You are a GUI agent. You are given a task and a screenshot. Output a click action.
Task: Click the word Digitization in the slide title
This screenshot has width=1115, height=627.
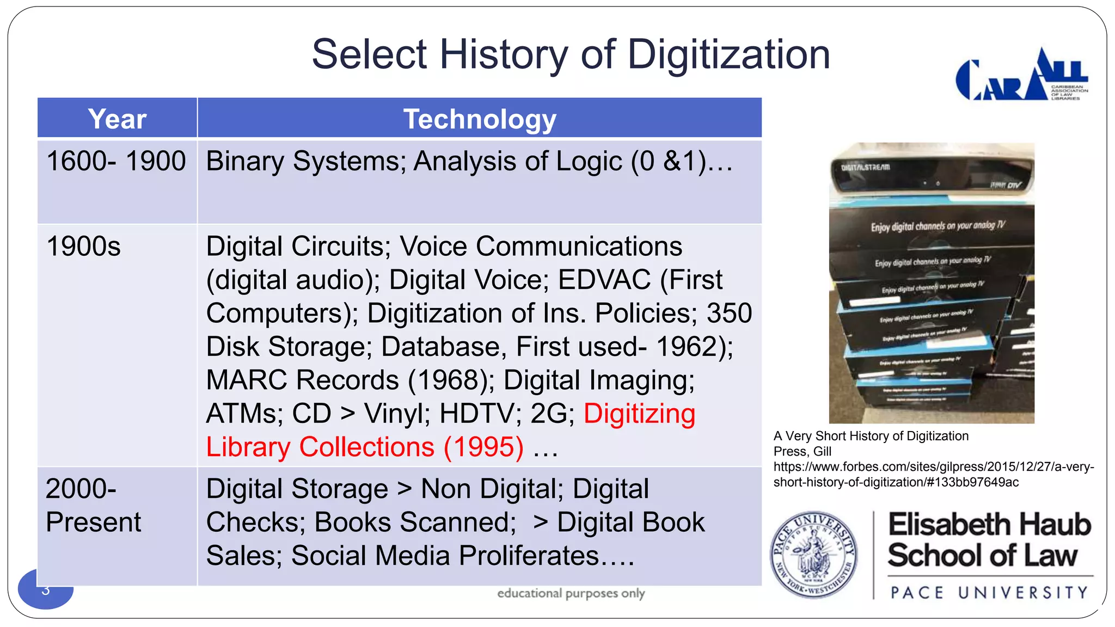coord(728,55)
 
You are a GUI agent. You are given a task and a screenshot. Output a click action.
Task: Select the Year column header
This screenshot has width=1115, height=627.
coord(117,119)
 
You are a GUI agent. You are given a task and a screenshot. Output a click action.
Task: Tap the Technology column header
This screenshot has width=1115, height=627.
coord(479,119)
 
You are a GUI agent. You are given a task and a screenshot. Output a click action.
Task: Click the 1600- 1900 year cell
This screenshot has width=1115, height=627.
coord(116,161)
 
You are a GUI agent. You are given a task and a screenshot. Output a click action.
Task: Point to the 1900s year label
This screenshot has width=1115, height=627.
coord(83,246)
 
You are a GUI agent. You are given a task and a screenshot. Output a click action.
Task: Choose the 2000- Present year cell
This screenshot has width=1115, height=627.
coord(93,505)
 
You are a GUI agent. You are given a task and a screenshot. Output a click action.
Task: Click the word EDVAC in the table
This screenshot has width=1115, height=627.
coord(604,280)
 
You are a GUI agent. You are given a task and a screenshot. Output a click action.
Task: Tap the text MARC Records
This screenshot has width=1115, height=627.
coord(302,380)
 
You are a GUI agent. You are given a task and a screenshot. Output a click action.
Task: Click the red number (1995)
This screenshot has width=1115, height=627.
coord(483,447)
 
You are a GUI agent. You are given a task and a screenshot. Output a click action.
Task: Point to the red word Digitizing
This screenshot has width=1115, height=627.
coord(639,414)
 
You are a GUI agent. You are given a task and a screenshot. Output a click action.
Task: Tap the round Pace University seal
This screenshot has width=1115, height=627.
coord(813,555)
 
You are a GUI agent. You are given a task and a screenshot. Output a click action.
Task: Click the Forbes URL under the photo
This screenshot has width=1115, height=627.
coord(933,474)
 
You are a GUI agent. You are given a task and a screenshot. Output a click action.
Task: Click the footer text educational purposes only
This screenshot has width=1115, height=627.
coord(571,593)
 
